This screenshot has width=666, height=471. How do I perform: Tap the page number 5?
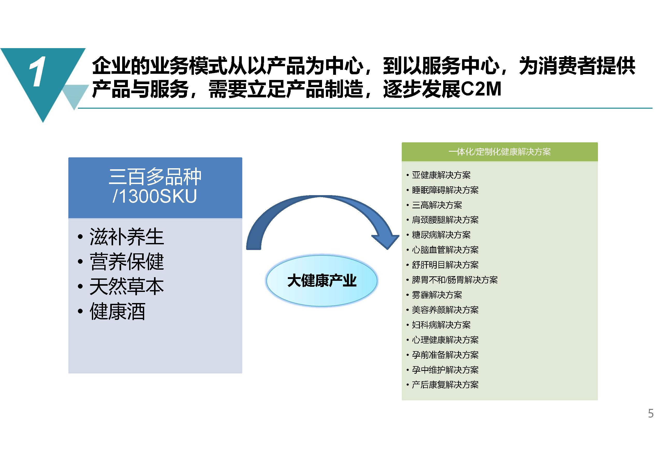coord(651,414)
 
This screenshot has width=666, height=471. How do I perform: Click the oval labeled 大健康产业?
coord(322,281)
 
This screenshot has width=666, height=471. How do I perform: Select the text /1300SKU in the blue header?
coord(155,196)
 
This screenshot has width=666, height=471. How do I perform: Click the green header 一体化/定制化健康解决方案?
coord(500,152)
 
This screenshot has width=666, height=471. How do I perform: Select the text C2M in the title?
coord(481,89)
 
